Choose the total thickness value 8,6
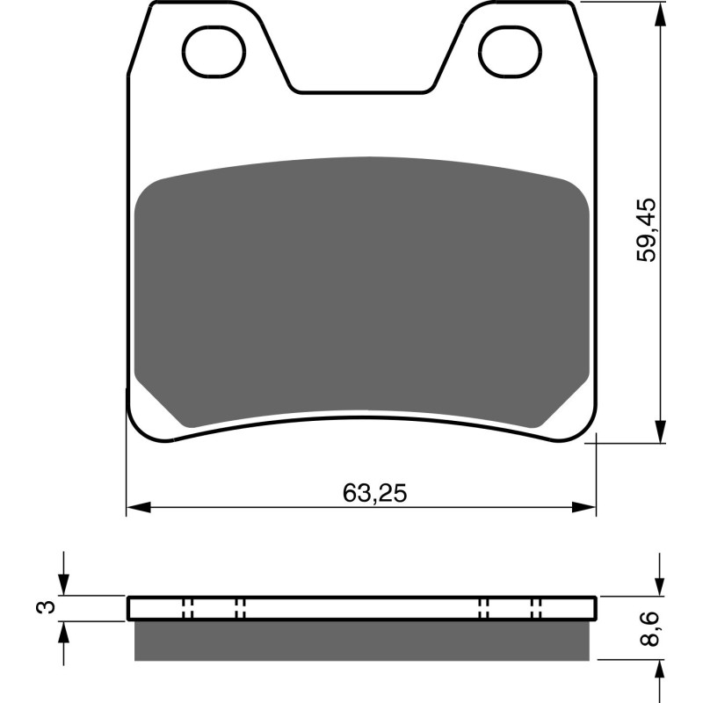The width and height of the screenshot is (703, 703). pyautogui.click(x=648, y=629)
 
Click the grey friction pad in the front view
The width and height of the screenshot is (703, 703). pyautogui.click(x=362, y=290)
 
